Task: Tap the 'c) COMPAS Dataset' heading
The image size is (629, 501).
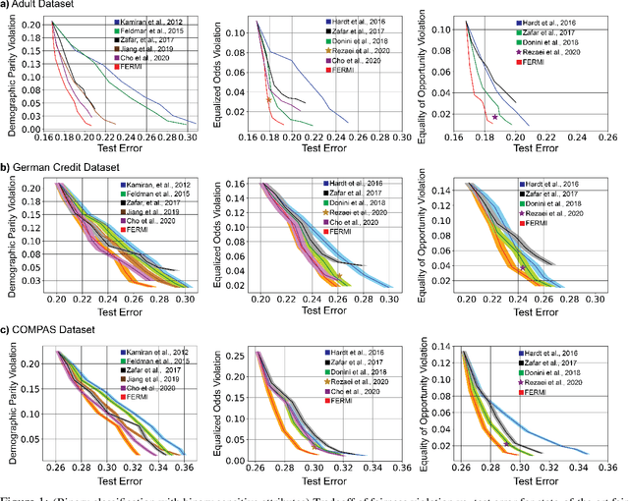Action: [55, 330]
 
